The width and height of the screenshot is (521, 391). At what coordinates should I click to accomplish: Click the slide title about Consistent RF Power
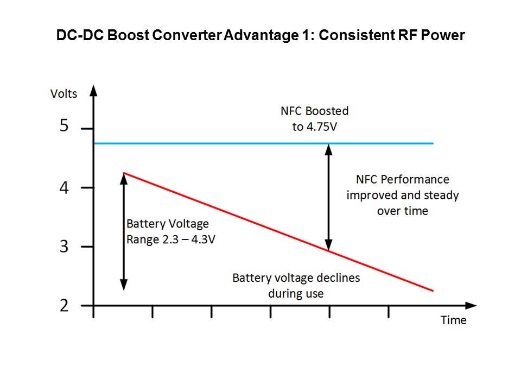tap(260, 36)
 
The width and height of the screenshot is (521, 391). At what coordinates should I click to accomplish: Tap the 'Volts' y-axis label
tap(63, 93)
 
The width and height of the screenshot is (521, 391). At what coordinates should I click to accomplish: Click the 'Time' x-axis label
tap(453, 320)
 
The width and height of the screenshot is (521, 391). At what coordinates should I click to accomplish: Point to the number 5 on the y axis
tap(64, 127)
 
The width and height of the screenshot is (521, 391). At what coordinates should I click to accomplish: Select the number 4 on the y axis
tap(64, 188)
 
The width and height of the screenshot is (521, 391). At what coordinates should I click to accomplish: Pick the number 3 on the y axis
tap(64, 247)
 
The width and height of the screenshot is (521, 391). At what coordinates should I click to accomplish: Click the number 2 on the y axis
tap(64, 306)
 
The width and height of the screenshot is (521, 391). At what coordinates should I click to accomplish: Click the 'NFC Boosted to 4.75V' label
tap(314, 118)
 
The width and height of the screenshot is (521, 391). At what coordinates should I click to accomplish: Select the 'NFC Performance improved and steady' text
tap(402, 194)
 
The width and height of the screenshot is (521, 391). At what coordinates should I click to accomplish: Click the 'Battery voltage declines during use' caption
tap(296, 286)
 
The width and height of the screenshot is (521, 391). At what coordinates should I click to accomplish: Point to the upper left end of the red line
tap(124, 173)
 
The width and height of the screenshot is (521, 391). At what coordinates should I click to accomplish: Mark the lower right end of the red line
tap(433, 291)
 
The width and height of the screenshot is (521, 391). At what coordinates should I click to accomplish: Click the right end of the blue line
tap(433, 143)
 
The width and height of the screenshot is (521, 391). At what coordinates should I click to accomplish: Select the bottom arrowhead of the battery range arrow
tap(124, 285)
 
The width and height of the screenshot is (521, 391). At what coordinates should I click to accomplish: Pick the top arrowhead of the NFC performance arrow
tap(328, 148)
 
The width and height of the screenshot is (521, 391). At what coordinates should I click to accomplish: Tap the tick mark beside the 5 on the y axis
tap(87, 129)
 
